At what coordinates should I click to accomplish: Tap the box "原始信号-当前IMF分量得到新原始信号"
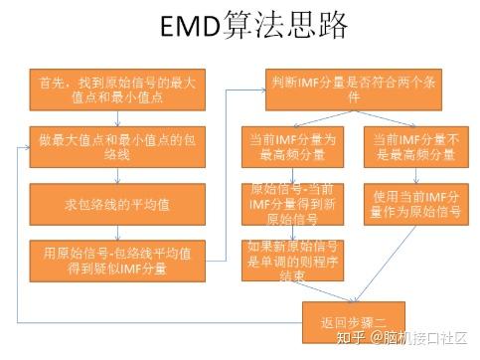(293, 204)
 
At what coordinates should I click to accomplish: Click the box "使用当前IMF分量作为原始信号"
(409, 204)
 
